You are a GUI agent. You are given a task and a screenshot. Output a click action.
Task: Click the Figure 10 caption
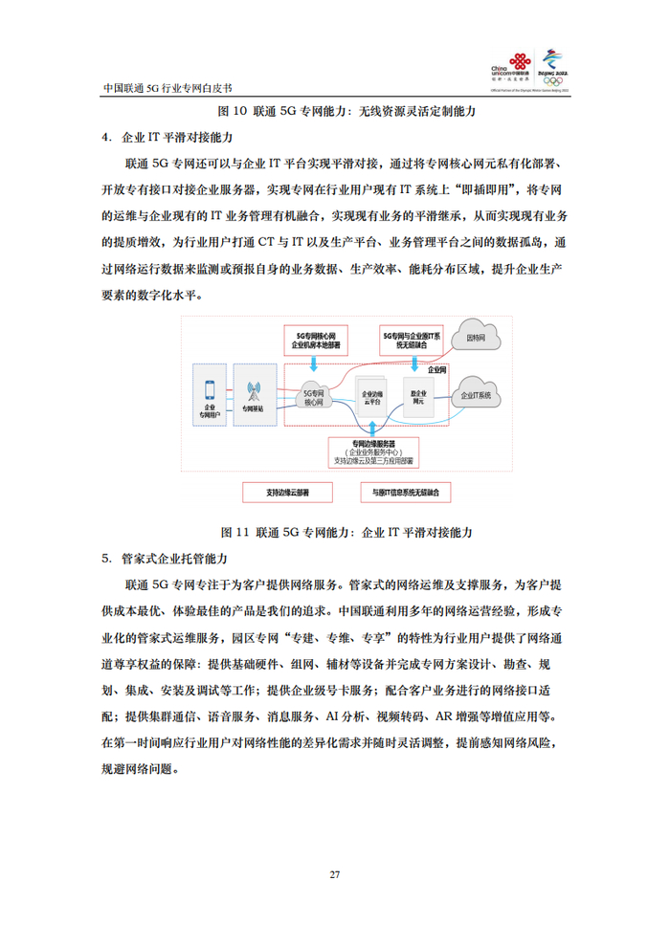pos(335,111)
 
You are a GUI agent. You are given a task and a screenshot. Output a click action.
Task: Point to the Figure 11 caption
pos(335,531)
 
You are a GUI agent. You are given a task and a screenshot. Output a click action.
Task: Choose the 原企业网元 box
pos(418,397)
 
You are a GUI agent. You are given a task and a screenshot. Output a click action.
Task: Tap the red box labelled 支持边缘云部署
pos(287,493)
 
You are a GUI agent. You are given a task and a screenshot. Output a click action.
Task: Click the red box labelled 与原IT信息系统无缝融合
pos(406,493)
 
